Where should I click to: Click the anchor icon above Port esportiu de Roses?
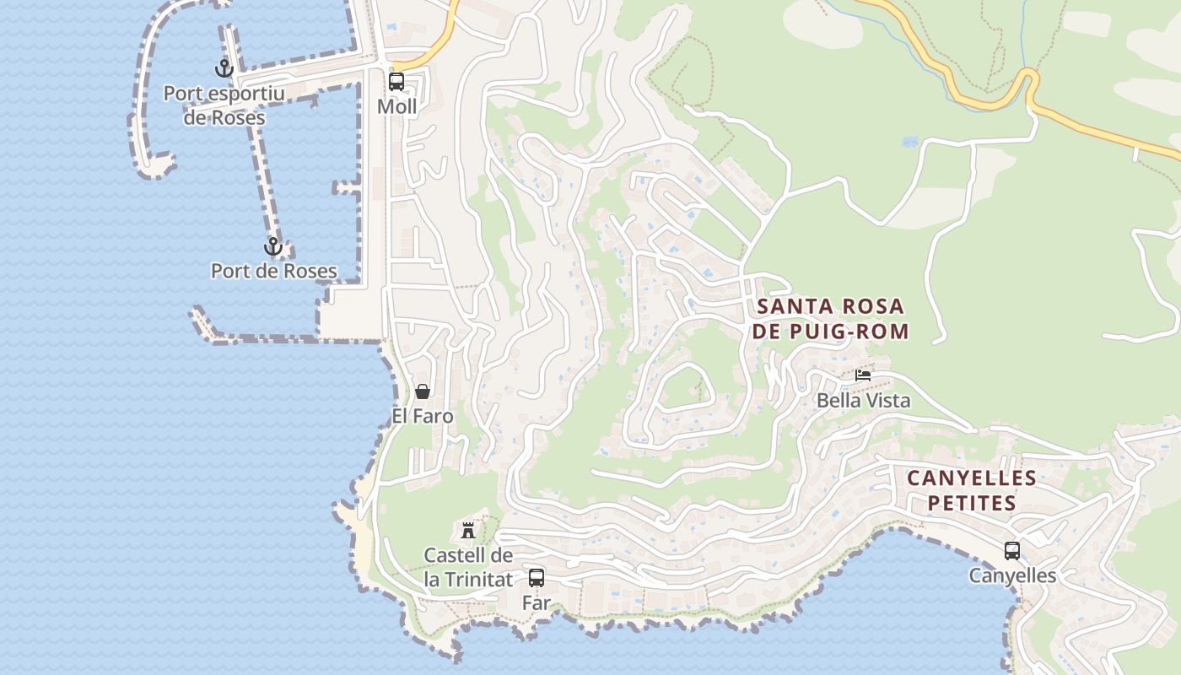click(x=224, y=68)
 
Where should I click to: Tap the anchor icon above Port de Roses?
click(x=272, y=246)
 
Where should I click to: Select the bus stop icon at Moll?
click(x=396, y=82)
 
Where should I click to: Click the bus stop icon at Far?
click(x=537, y=578)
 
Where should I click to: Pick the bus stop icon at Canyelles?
click(x=1012, y=551)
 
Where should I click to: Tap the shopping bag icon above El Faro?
click(x=423, y=391)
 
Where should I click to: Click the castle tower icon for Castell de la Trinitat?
click(x=468, y=531)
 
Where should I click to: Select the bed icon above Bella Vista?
click(x=863, y=375)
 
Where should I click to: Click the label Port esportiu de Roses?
click(x=224, y=105)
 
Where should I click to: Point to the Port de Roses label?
click(x=273, y=271)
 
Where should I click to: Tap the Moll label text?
click(x=396, y=107)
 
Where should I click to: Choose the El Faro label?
click(x=423, y=416)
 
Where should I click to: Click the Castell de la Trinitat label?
click(x=468, y=567)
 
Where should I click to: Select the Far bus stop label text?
click(x=537, y=603)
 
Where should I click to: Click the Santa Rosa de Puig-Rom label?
click(x=830, y=319)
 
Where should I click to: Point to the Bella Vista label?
click(x=864, y=400)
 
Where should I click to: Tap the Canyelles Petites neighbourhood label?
click(x=972, y=490)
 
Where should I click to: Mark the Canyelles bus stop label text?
click(x=1012, y=575)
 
